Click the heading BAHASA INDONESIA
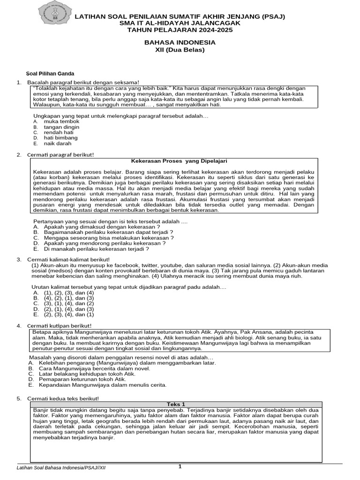pos(180,43)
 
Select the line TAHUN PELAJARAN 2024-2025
pos(180,30)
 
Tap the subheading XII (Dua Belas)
pos(180,50)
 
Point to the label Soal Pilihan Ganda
pos(50,74)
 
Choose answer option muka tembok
pos(61,121)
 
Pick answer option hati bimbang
pos(61,138)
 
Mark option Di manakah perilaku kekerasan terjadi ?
pos(96,249)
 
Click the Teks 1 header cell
pos(176,404)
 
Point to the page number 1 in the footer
pos(180,466)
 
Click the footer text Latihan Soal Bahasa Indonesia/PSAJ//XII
pos(64,468)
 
